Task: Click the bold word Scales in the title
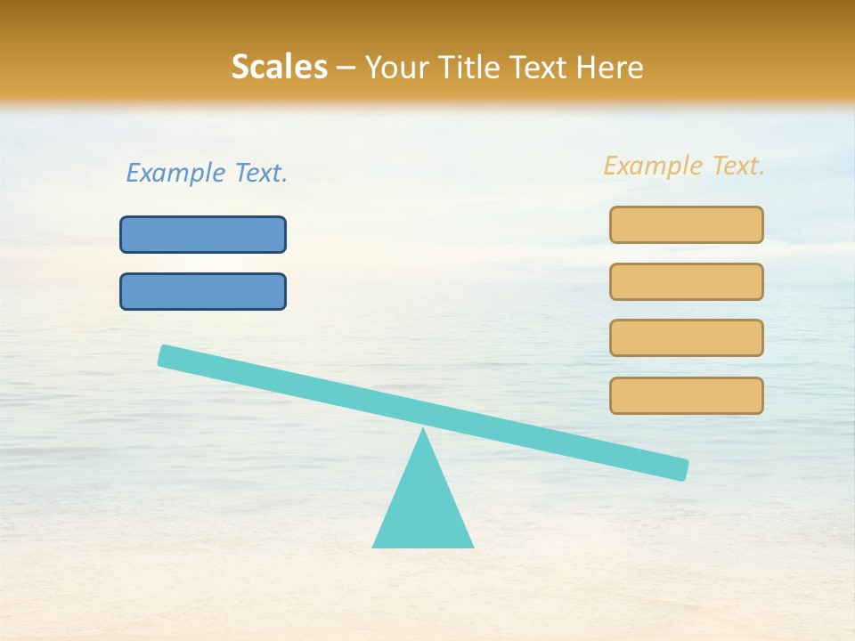point(279,67)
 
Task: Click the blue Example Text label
point(207,173)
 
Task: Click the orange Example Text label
point(684,166)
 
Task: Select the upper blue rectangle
point(203,234)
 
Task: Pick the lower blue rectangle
point(203,291)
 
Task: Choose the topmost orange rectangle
point(686,224)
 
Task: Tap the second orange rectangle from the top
point(686,281)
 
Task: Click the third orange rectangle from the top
point(686,337)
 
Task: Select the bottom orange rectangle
point(686,395)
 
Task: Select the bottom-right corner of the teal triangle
point(471,546)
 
